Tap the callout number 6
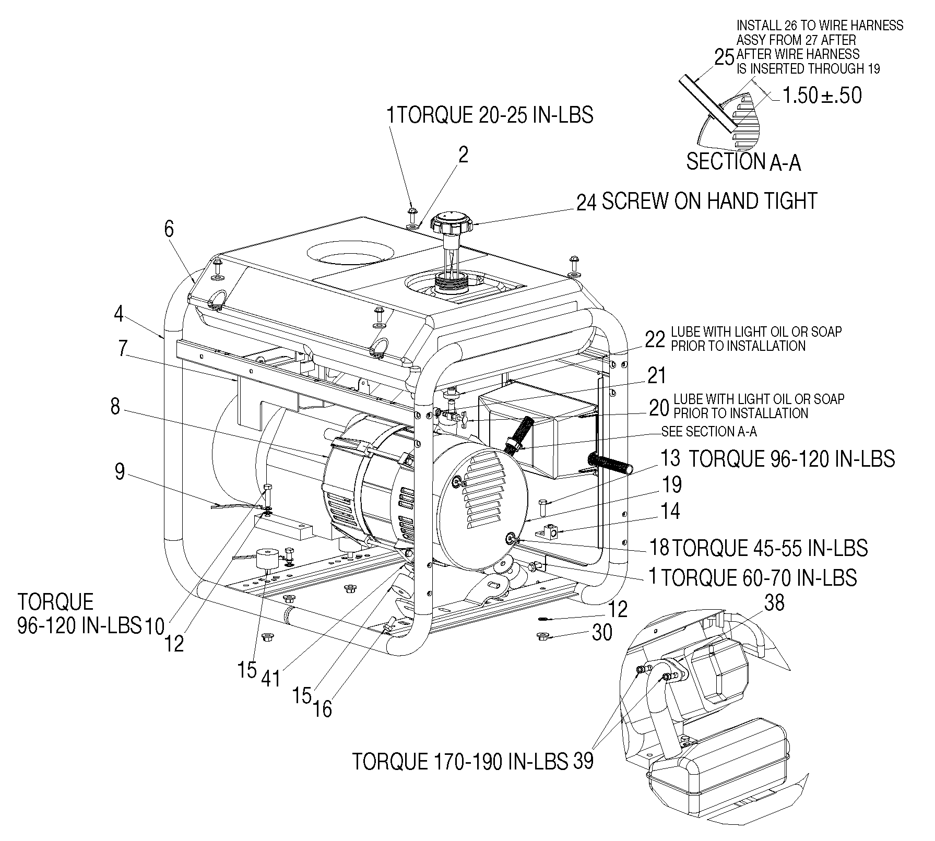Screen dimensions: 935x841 [169, 229]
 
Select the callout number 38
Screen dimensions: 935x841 [774, 603]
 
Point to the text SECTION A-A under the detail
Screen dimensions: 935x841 [743, 162]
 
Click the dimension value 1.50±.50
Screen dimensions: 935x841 [821, 96]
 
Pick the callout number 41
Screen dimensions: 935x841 [271, 679]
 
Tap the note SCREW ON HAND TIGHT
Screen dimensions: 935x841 [709, 201]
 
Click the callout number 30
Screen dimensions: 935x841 [602, 633]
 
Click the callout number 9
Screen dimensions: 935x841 [120, 472]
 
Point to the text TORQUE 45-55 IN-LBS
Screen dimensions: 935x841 [770, 548]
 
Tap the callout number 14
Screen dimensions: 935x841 [670, 511]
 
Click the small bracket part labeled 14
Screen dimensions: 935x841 [551, 532]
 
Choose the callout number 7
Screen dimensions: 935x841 [122, 348]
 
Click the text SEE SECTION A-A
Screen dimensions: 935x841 [709, 431]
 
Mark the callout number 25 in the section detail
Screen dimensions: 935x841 [724, 57]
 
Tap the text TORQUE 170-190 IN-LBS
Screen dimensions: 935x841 [460, 762]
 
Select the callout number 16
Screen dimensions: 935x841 [323, 708]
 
